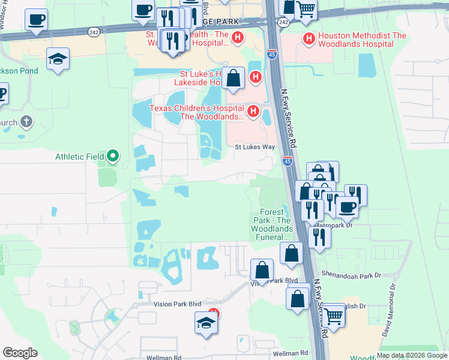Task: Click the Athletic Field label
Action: coord(80,157)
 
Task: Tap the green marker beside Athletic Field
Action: coord(113,158)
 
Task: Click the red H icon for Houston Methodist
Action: coord(309,40)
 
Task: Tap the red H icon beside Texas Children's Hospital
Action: coord(253,112)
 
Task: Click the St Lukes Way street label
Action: coord(255,147)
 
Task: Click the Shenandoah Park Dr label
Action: coord(352,275)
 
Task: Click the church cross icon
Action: coord(25,122)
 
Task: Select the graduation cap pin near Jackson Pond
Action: coord(58,59)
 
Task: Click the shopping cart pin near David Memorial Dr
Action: coord(333,314)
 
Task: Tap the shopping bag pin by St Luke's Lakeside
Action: coord(234,78)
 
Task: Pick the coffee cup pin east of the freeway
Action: coord(347,207)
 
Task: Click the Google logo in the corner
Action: coord(20,352)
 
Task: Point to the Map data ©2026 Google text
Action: coord(412,355)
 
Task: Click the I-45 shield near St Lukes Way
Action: coord(287,160)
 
